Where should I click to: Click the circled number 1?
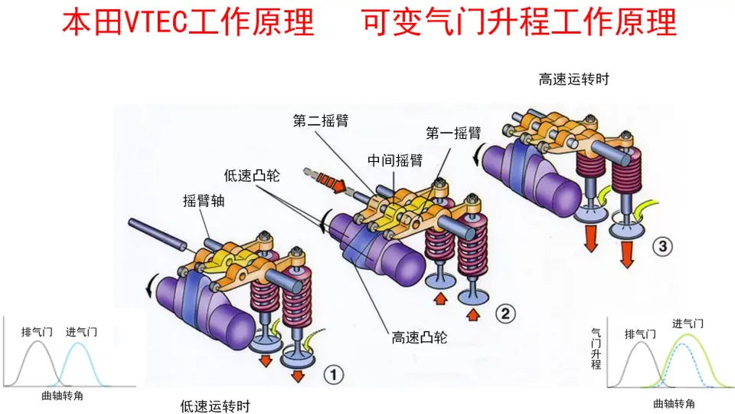[335, 375]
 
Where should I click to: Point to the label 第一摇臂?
[453, 133]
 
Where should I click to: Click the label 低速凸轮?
[252, 176]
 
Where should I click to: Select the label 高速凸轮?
[420, 337]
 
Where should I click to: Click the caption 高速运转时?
[573, 79]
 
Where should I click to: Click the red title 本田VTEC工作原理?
[188, 23]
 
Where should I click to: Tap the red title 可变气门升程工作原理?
[519, 23]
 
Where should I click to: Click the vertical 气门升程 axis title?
[596, 349]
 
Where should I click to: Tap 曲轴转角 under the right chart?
[675, 403]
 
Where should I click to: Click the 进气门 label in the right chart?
[688, 324]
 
